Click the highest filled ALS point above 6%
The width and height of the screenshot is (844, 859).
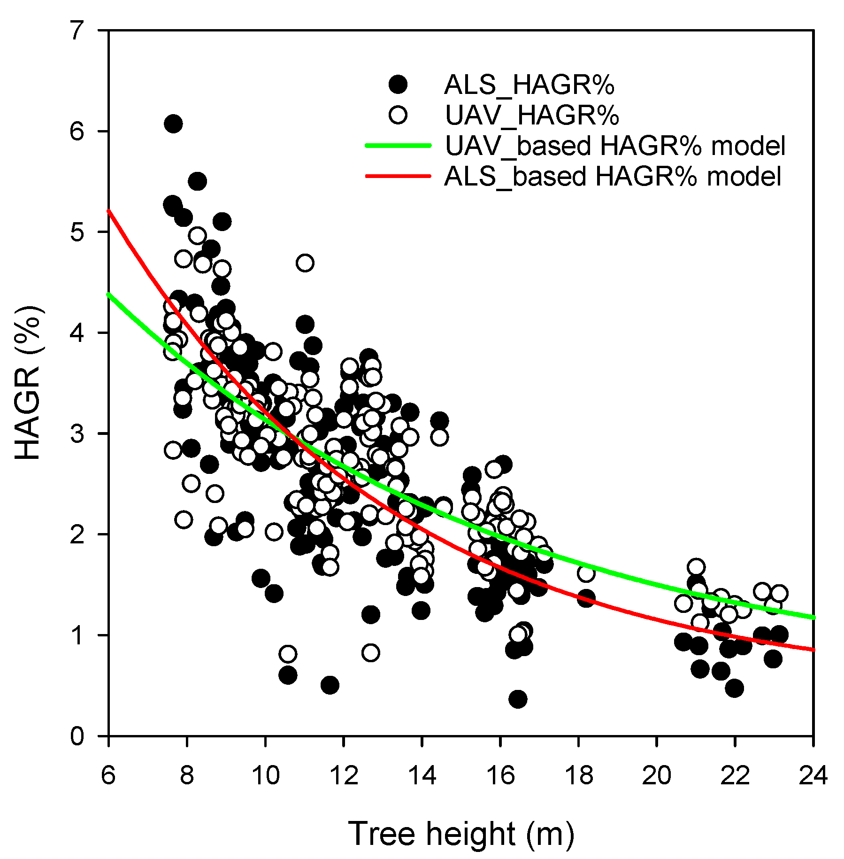point(173,124)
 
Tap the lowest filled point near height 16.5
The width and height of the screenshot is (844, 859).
point(518,699)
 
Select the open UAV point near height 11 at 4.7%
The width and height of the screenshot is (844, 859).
point(305,263)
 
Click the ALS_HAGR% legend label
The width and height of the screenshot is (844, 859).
point(529,85)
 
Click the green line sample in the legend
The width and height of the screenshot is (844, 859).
point(398,146)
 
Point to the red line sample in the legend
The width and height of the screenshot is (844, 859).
point(398,176)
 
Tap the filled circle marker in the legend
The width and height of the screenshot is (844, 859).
point(398,85)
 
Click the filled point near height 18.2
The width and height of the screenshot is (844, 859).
point(586,598)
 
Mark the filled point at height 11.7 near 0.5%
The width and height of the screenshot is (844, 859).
point(330,685)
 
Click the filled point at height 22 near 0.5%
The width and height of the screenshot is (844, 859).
point(734,688)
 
